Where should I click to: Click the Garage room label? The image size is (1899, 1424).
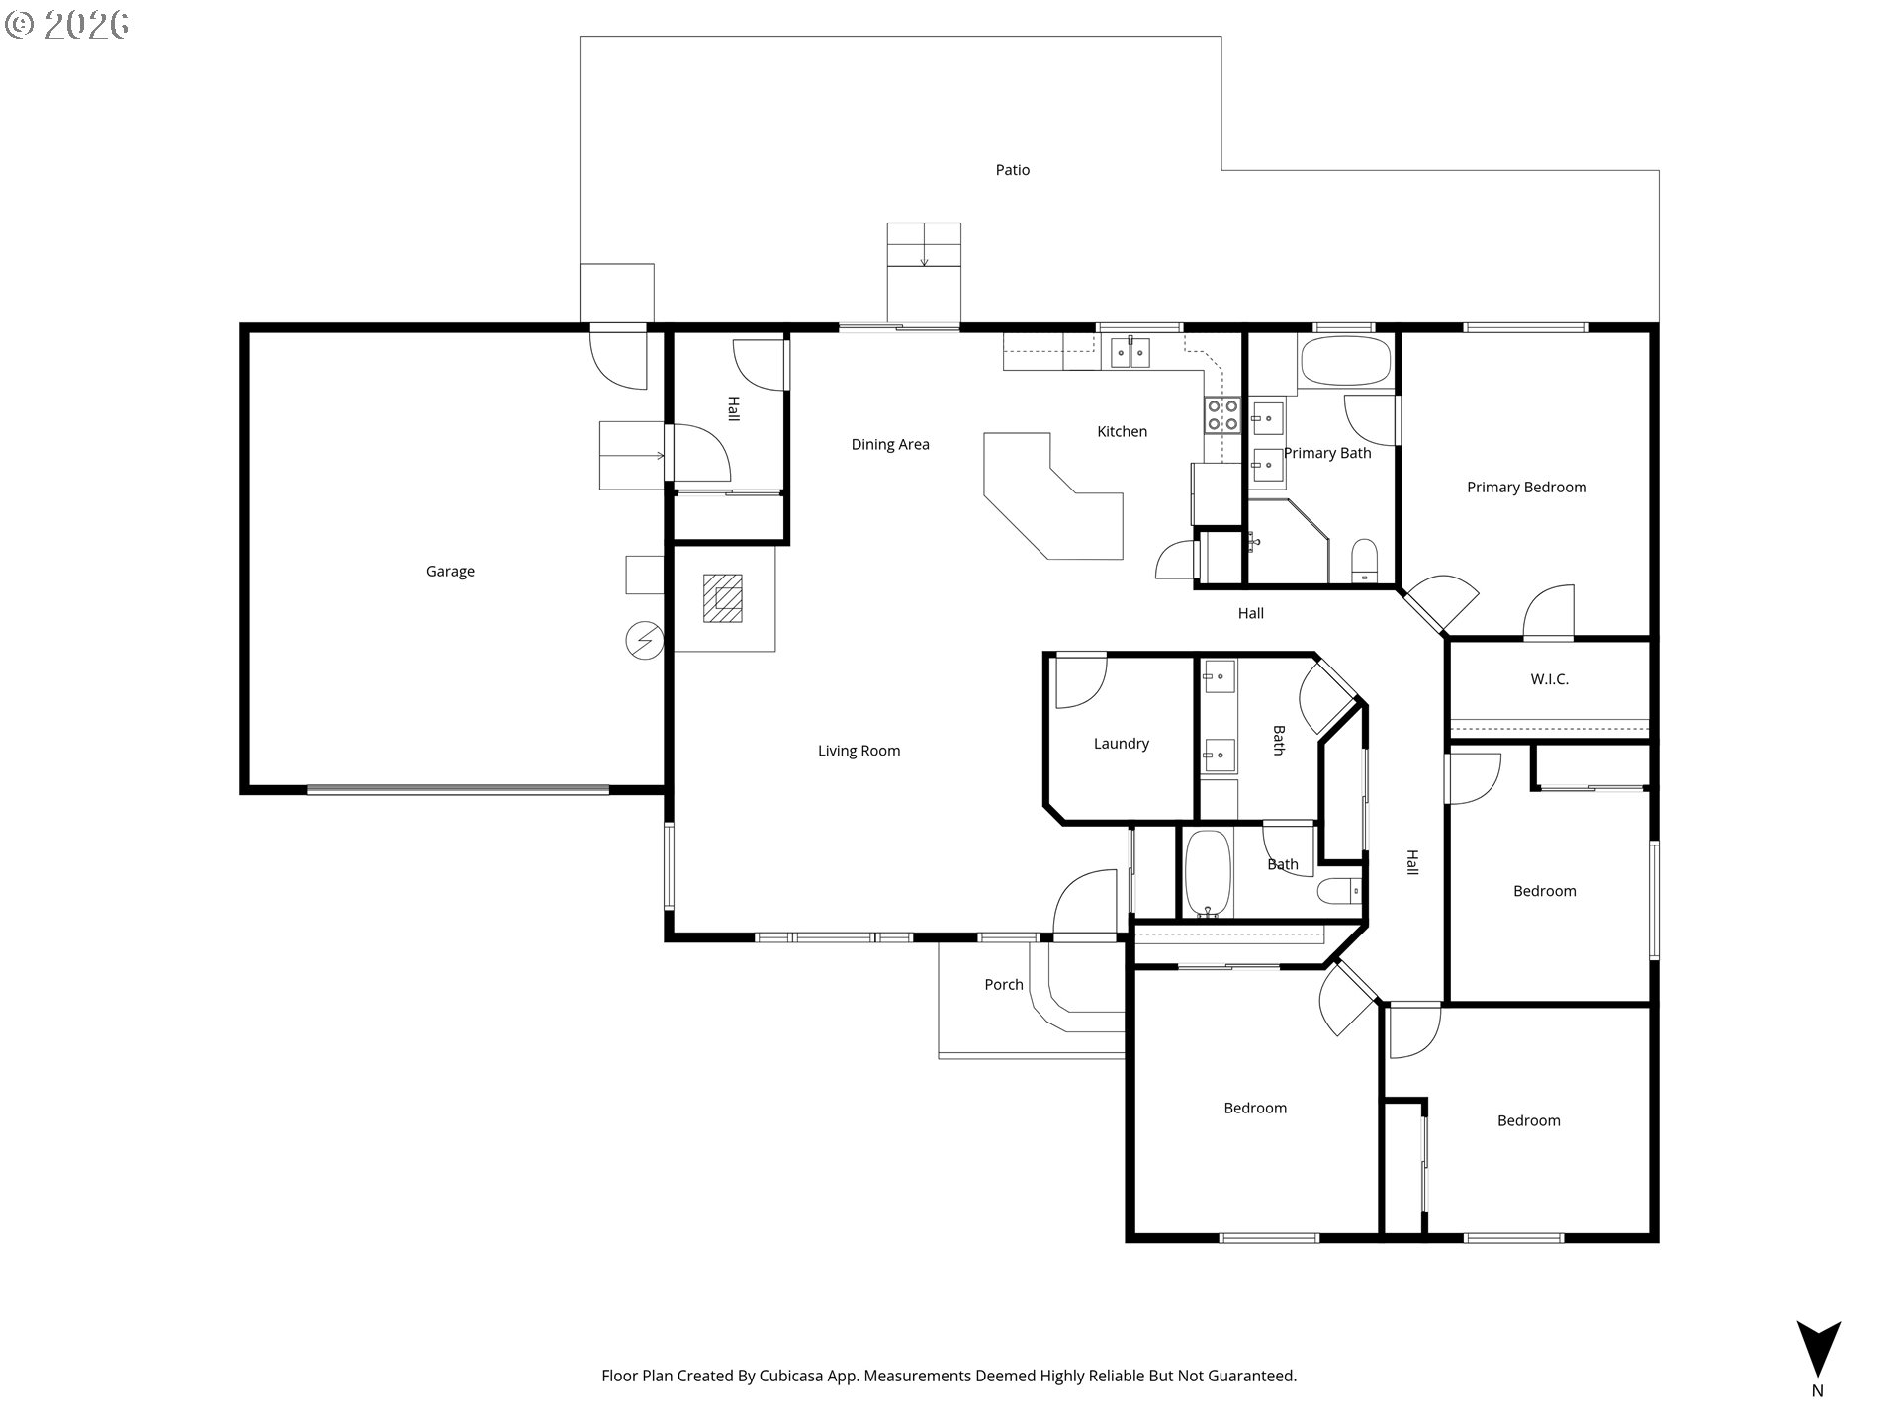450,572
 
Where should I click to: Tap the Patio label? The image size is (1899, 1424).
1012,170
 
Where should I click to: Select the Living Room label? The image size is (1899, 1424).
859,751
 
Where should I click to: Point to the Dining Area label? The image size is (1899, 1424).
890,445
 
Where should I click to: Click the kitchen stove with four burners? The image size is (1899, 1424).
1222,415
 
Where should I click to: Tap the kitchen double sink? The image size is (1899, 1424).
1130,352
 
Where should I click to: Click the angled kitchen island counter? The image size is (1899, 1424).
1053,495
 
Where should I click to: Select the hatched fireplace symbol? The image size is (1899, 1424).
722,598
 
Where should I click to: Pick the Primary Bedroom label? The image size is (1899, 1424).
1526,488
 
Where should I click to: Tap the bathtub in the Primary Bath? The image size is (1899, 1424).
1345,362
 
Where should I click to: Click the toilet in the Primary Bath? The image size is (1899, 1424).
1364,562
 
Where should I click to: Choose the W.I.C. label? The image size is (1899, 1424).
1549,679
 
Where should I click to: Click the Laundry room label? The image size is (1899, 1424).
1121,744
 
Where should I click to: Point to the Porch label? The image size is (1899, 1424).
1003,985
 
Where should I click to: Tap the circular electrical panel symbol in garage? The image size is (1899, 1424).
645,642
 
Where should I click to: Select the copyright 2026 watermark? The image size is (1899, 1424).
67,25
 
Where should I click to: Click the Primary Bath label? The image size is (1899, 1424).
1327,454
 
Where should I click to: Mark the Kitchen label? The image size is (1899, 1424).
1122,432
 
